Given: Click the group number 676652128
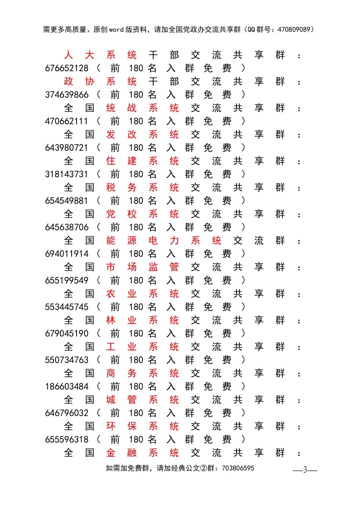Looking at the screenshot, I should tap(67, 68).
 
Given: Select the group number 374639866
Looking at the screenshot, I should tap(67, 95).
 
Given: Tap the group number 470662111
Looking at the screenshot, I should tap(67, 121).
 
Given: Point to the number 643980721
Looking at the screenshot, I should tap(67, 148).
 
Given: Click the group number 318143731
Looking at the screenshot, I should tap(67, 174).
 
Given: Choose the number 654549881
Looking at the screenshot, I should tap(67, 201).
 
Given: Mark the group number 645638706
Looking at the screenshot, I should tap(67, 227).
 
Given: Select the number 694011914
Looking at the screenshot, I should tap(67, 254).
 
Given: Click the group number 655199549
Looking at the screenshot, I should tap(67, 280).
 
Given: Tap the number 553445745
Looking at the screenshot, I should tap(67, 307).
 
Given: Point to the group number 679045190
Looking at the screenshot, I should tap(67, 333).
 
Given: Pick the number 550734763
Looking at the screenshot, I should tap(67, 360).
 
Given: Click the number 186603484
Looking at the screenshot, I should tap(67, 386).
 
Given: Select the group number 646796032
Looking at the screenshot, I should tap(67, 413).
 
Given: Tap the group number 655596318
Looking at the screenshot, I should tap(67, 439).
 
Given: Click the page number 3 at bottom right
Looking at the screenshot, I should tap(305, 470).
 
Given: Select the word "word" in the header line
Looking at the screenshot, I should tap(116, 30).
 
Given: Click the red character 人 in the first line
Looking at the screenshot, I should tap(68, 55).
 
